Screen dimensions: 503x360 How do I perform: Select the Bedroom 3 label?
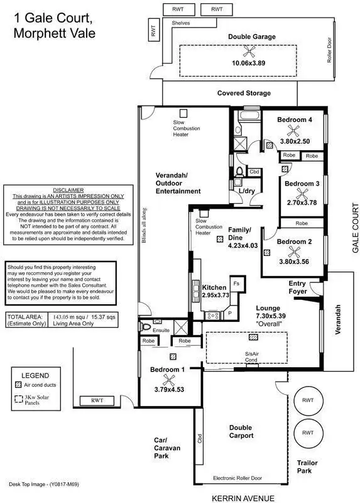(302, 184)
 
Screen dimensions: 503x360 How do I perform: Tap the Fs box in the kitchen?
(236, 284)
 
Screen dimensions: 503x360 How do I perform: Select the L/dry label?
(246, 191)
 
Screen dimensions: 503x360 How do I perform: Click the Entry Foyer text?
(298, 287)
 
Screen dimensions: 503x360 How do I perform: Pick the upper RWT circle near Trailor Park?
(308, 400)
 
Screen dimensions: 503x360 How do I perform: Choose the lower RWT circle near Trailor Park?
(308, 433)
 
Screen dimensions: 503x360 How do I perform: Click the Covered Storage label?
(244, 93)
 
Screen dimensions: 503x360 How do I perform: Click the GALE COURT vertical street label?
(355, 228)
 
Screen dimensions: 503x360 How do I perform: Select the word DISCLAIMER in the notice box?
(67, 190)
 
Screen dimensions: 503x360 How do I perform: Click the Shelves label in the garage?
(181, 23)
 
